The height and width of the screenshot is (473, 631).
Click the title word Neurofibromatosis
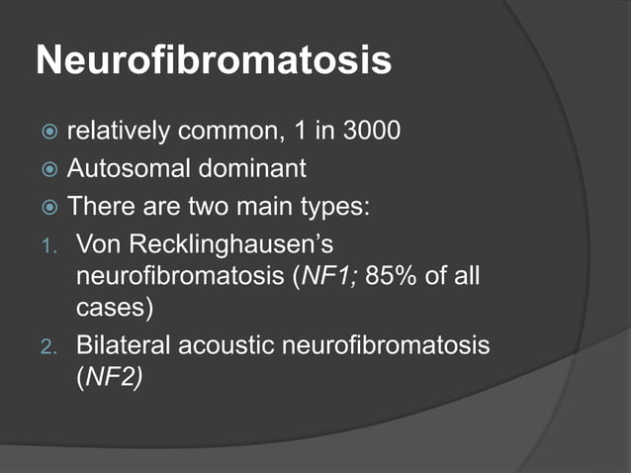pos(213,61)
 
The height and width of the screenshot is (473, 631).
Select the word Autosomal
pos(124,169)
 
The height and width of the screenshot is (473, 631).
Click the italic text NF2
pos(109,377)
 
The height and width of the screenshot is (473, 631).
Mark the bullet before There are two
pos(48,208)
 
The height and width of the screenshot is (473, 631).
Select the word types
pos(348,207)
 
